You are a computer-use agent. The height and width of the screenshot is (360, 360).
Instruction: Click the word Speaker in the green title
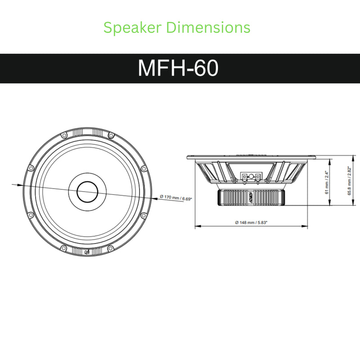click(132, 28)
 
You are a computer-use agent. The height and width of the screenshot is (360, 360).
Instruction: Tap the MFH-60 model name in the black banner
click(178, 68)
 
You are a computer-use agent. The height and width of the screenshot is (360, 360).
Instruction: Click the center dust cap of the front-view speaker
click(87, 192)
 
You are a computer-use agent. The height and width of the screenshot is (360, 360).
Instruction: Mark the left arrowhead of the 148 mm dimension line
click(196, 226)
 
